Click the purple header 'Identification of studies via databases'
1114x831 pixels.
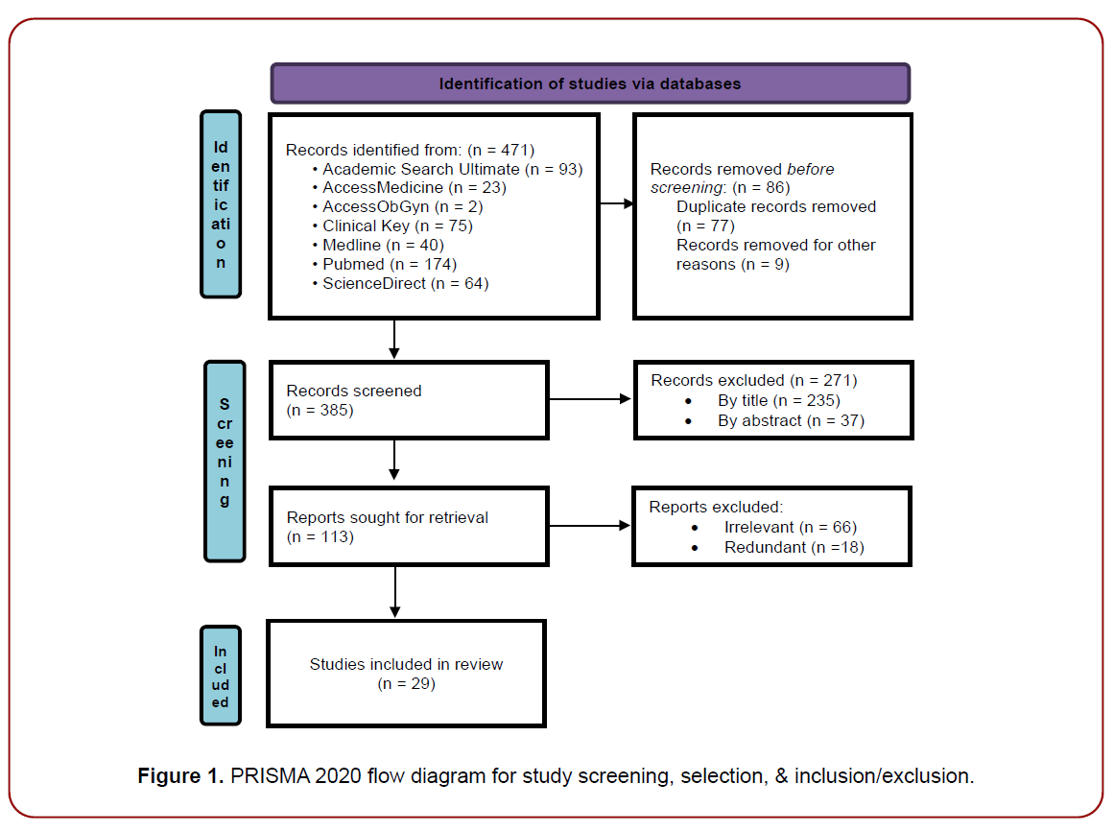coord(590,83)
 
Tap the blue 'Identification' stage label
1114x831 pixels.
coord(221,203)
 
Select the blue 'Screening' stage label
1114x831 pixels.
coord(225,461)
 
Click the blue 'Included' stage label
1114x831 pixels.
coord(221,677)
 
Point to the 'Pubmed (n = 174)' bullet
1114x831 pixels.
coord(389,264)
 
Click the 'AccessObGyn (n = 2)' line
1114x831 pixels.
coord(389,206)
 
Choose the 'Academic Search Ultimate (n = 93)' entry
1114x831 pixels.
coord(452,168)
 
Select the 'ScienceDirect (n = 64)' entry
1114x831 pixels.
coord(405,283)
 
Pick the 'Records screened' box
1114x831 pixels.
coord(409,400)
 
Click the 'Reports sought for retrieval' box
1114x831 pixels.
coord(409,527)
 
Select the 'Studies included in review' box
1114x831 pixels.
coord(406,674)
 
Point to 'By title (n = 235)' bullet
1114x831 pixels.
coord(778,400)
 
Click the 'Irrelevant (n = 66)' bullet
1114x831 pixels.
coord(790,527)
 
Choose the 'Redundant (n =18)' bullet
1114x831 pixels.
coord(794,547)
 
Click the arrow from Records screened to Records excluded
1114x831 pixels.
coord(590,400)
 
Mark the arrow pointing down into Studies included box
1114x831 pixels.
coord(394,592)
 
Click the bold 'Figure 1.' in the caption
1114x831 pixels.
coord(179,775)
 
